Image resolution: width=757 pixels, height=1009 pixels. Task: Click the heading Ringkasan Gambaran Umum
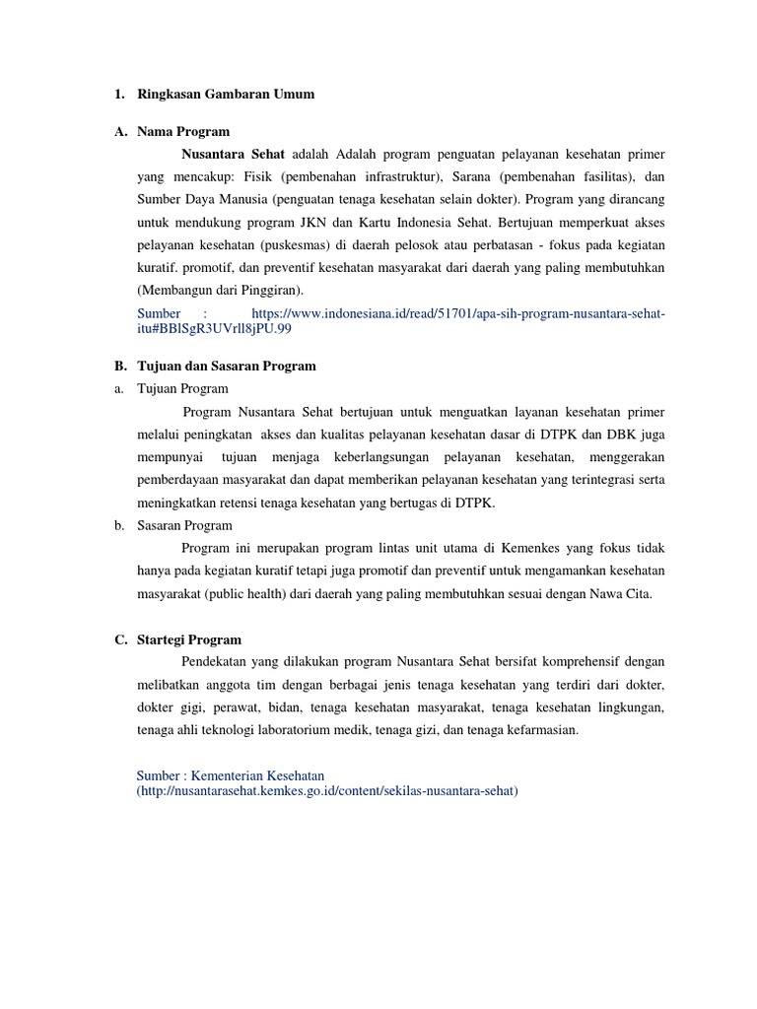click(226, 94)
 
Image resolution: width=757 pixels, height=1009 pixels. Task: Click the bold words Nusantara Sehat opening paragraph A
click(234, 155)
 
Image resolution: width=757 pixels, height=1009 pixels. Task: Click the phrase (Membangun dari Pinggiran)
click(221, 290)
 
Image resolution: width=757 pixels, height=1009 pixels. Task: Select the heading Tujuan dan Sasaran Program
click(227, 366)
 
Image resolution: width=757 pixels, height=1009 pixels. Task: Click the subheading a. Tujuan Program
click(182, 389)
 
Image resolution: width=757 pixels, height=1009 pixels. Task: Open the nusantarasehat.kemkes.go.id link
click(327, 791)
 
